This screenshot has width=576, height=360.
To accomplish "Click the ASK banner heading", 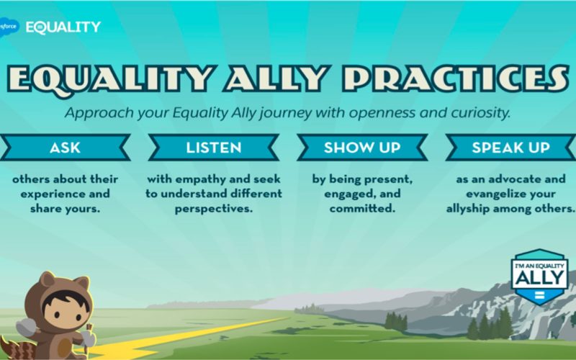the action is pos(65,148).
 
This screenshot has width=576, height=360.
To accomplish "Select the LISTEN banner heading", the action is pos(213,148).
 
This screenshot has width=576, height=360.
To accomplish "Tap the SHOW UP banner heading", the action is pos(362,148).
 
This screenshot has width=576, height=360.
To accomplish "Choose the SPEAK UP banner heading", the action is pos(510,148).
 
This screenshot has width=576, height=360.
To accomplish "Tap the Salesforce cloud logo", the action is pos(9,27).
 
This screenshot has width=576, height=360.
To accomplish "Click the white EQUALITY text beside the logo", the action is pos(63,27).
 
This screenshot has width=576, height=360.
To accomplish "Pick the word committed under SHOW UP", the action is pos(362,209).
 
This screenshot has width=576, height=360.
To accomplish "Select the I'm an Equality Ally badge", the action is pos(539,276).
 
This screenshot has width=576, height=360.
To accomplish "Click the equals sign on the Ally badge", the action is pos(539,294).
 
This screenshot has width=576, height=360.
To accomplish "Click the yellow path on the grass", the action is pos(184,338).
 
